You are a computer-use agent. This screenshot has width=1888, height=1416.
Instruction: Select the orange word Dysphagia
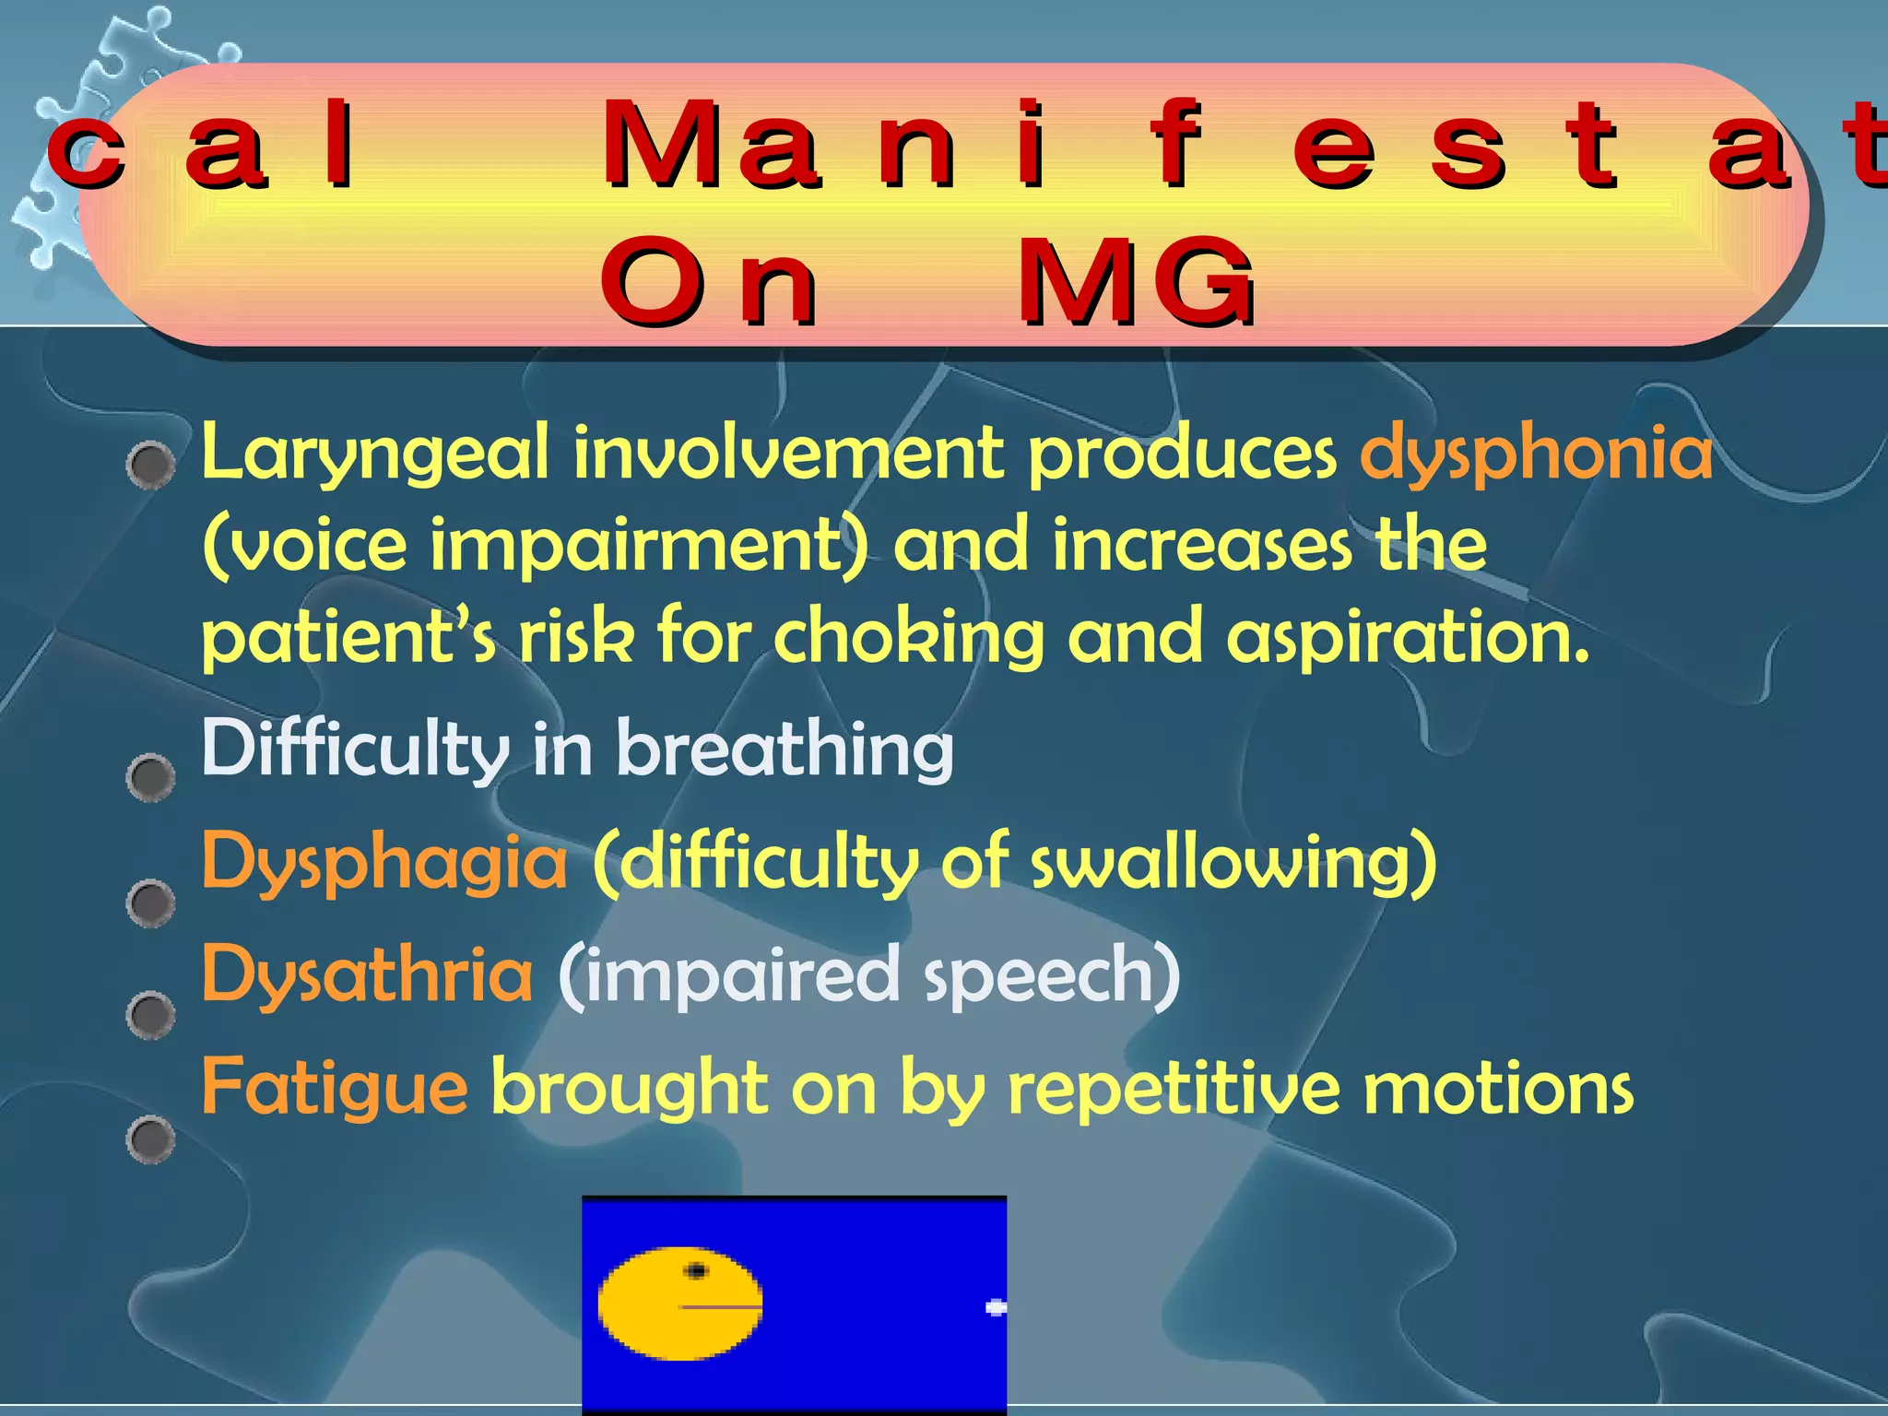click(x=383, y=862)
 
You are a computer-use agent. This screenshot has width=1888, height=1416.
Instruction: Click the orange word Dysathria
click(x=367, y=974)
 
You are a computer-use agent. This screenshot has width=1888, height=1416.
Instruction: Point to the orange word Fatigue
click(x=334, y=1088)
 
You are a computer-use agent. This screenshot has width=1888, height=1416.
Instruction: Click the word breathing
click(x=785, y=749)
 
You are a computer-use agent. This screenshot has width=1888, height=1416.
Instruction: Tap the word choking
click(x=907, y=638)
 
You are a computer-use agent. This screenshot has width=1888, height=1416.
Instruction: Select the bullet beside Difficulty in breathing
click(x=150, y=777)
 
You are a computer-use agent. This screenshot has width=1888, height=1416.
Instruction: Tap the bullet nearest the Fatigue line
click(x=150, y=1139)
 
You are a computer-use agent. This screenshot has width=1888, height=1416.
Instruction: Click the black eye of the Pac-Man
click(x=697, y=1271)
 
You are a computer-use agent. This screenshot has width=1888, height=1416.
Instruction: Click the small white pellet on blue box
click(x=995, y=1306)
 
